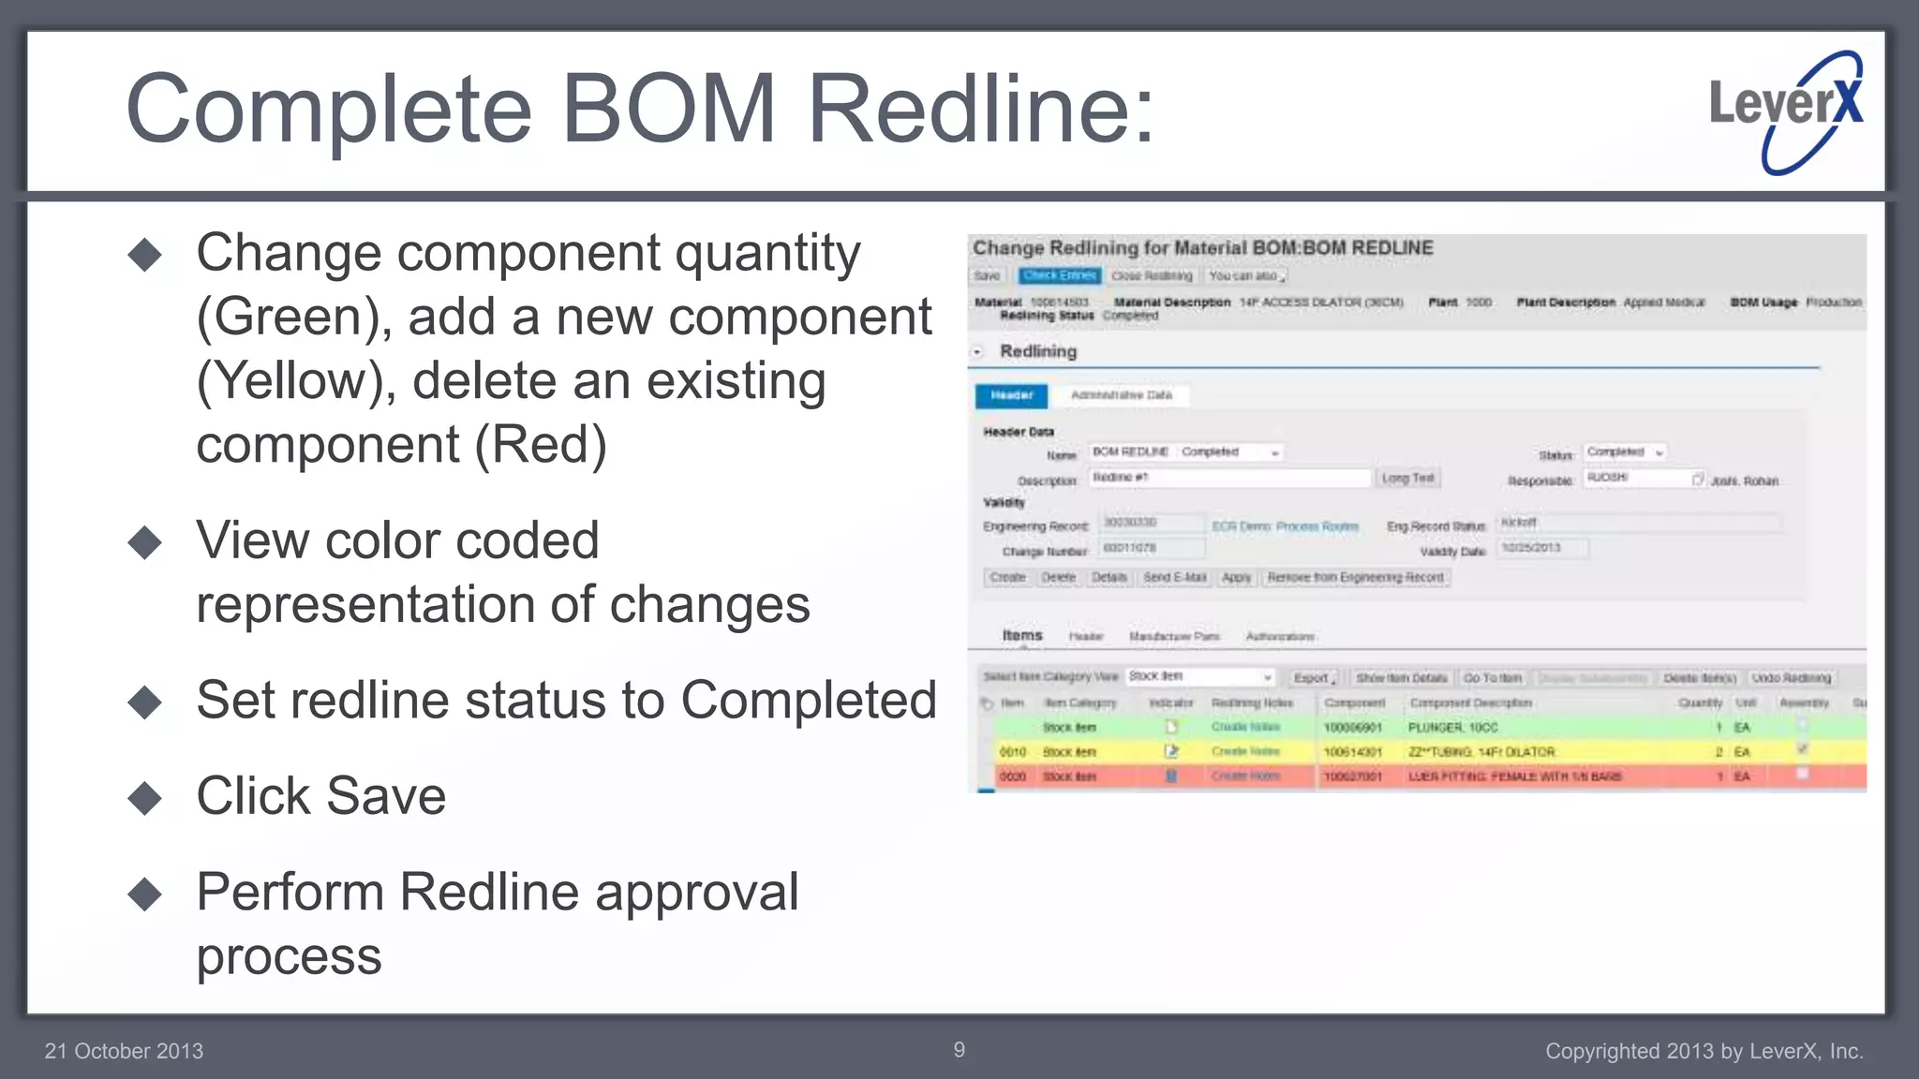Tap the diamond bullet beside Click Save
click(x=145, y=798)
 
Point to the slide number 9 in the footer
click(x=959, y=1050)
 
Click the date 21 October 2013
click(x=124, y=1051)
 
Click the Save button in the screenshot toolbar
click(x=987, y=276)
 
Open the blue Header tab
click(x=1011, y=395)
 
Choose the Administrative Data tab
click(x=1121, y=395)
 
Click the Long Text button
click(x=1407, y=479)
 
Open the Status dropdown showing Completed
click(x=1625, y=452)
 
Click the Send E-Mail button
click(x=1174, y=578)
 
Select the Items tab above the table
click(x=1021, y=635)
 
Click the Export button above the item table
click(x=1313, y=677)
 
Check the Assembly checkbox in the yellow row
click(x=1802, y=749)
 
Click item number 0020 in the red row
click(x=1012, y=776)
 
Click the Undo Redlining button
click(x=1791, y=677)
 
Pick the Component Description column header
click(x=1470, y=702)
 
